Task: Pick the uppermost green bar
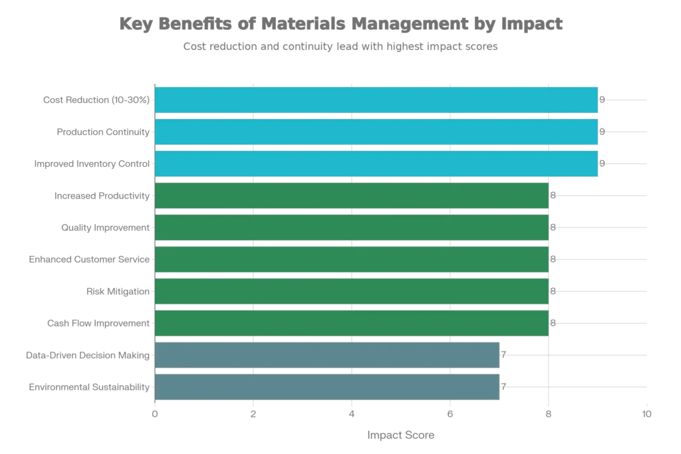(352, 196)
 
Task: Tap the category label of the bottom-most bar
(86, 388)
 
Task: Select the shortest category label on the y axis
(116, 292)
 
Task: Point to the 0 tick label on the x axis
(155, 414)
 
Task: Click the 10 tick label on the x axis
(646, 414)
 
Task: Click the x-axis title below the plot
(401, 435)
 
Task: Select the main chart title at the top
(340, 24)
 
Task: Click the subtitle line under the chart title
(340, 47)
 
